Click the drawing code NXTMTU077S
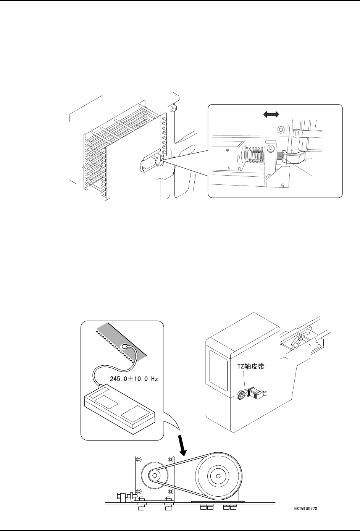(x=306, y=509)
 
